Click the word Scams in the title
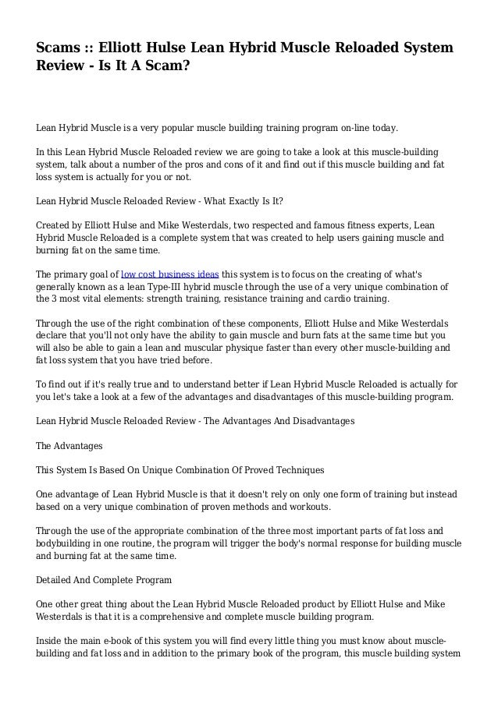tap(62, 50)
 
